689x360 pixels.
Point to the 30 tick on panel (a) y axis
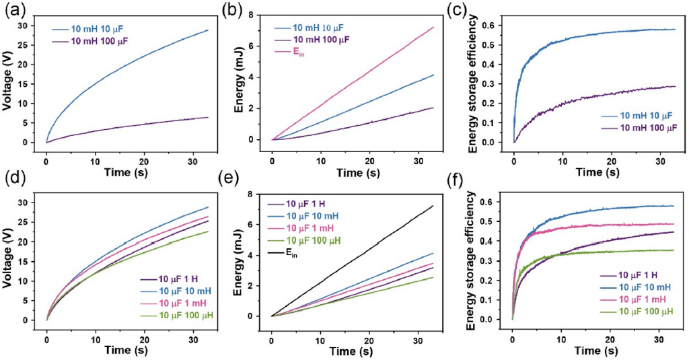[x=28, y=26]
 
